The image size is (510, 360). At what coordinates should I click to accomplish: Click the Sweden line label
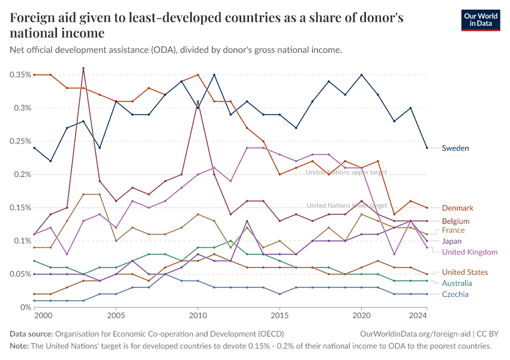455,148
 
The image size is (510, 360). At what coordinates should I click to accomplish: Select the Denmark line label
457,208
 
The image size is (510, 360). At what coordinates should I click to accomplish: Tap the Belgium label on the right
455,221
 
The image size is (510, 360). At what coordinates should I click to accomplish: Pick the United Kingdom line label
470,252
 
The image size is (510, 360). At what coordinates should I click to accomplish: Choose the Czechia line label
455,295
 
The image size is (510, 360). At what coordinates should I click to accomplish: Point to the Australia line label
457,283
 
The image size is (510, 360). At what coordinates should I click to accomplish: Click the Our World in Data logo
481,20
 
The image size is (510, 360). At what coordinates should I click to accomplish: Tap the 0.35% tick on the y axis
20,75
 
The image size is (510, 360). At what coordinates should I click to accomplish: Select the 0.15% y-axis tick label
20,208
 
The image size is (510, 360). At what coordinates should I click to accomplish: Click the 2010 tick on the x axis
198,316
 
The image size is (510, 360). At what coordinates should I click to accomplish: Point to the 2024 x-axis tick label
418,316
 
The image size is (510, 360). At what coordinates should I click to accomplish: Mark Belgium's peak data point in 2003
83,68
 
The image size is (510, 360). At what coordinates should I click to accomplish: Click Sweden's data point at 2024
427,148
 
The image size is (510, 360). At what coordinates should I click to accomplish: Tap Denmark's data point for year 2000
34,75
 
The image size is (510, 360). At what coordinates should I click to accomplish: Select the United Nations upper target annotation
346,172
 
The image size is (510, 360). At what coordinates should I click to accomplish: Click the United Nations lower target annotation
347,206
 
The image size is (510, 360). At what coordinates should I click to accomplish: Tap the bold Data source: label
31,334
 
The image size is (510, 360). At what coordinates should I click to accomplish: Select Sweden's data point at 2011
214,75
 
